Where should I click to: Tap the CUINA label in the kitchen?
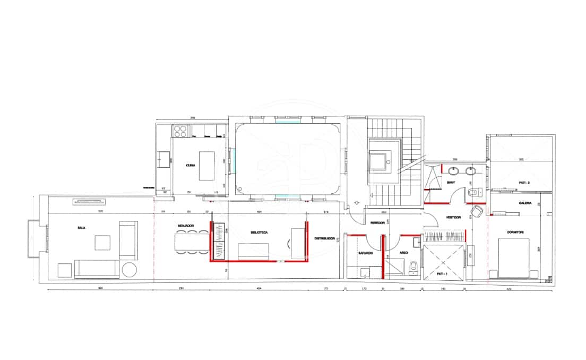coord(190,166)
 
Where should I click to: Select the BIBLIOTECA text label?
coord(259,233)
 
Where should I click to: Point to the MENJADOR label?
coord(186,226)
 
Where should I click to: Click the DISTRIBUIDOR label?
coord(324,238)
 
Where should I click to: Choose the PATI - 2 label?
coord(511,182)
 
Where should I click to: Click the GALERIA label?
coord(511,203)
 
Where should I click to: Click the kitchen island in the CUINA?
coord(206,166)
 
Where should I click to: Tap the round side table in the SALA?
coord(130,270)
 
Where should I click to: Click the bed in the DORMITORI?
coord(513,258)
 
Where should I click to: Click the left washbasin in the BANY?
coord(454,171)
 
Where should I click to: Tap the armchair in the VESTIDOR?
coord(477,212)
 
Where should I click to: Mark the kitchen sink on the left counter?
coord(163,157)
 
